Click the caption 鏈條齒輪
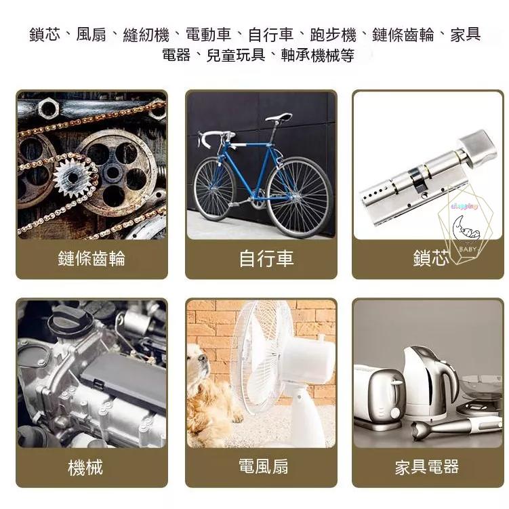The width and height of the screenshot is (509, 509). pyautogui.click(x=91, y=258)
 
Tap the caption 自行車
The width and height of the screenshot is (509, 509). pyautogui.click(x=266, y=258)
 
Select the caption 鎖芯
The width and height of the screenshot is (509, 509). pyautogui.click(x=430, y=258)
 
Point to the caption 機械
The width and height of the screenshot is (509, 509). pyautogui.click(x=85, y=467)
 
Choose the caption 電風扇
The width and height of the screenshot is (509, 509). pyautogui.click(x=263, y=466)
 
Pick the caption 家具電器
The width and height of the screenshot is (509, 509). pyautogui.click(x=427, y=467)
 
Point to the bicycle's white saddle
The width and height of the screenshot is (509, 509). pyautogui.click(x=279, y=117)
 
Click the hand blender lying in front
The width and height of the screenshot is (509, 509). pyautogui.click(x=447, y=428)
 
